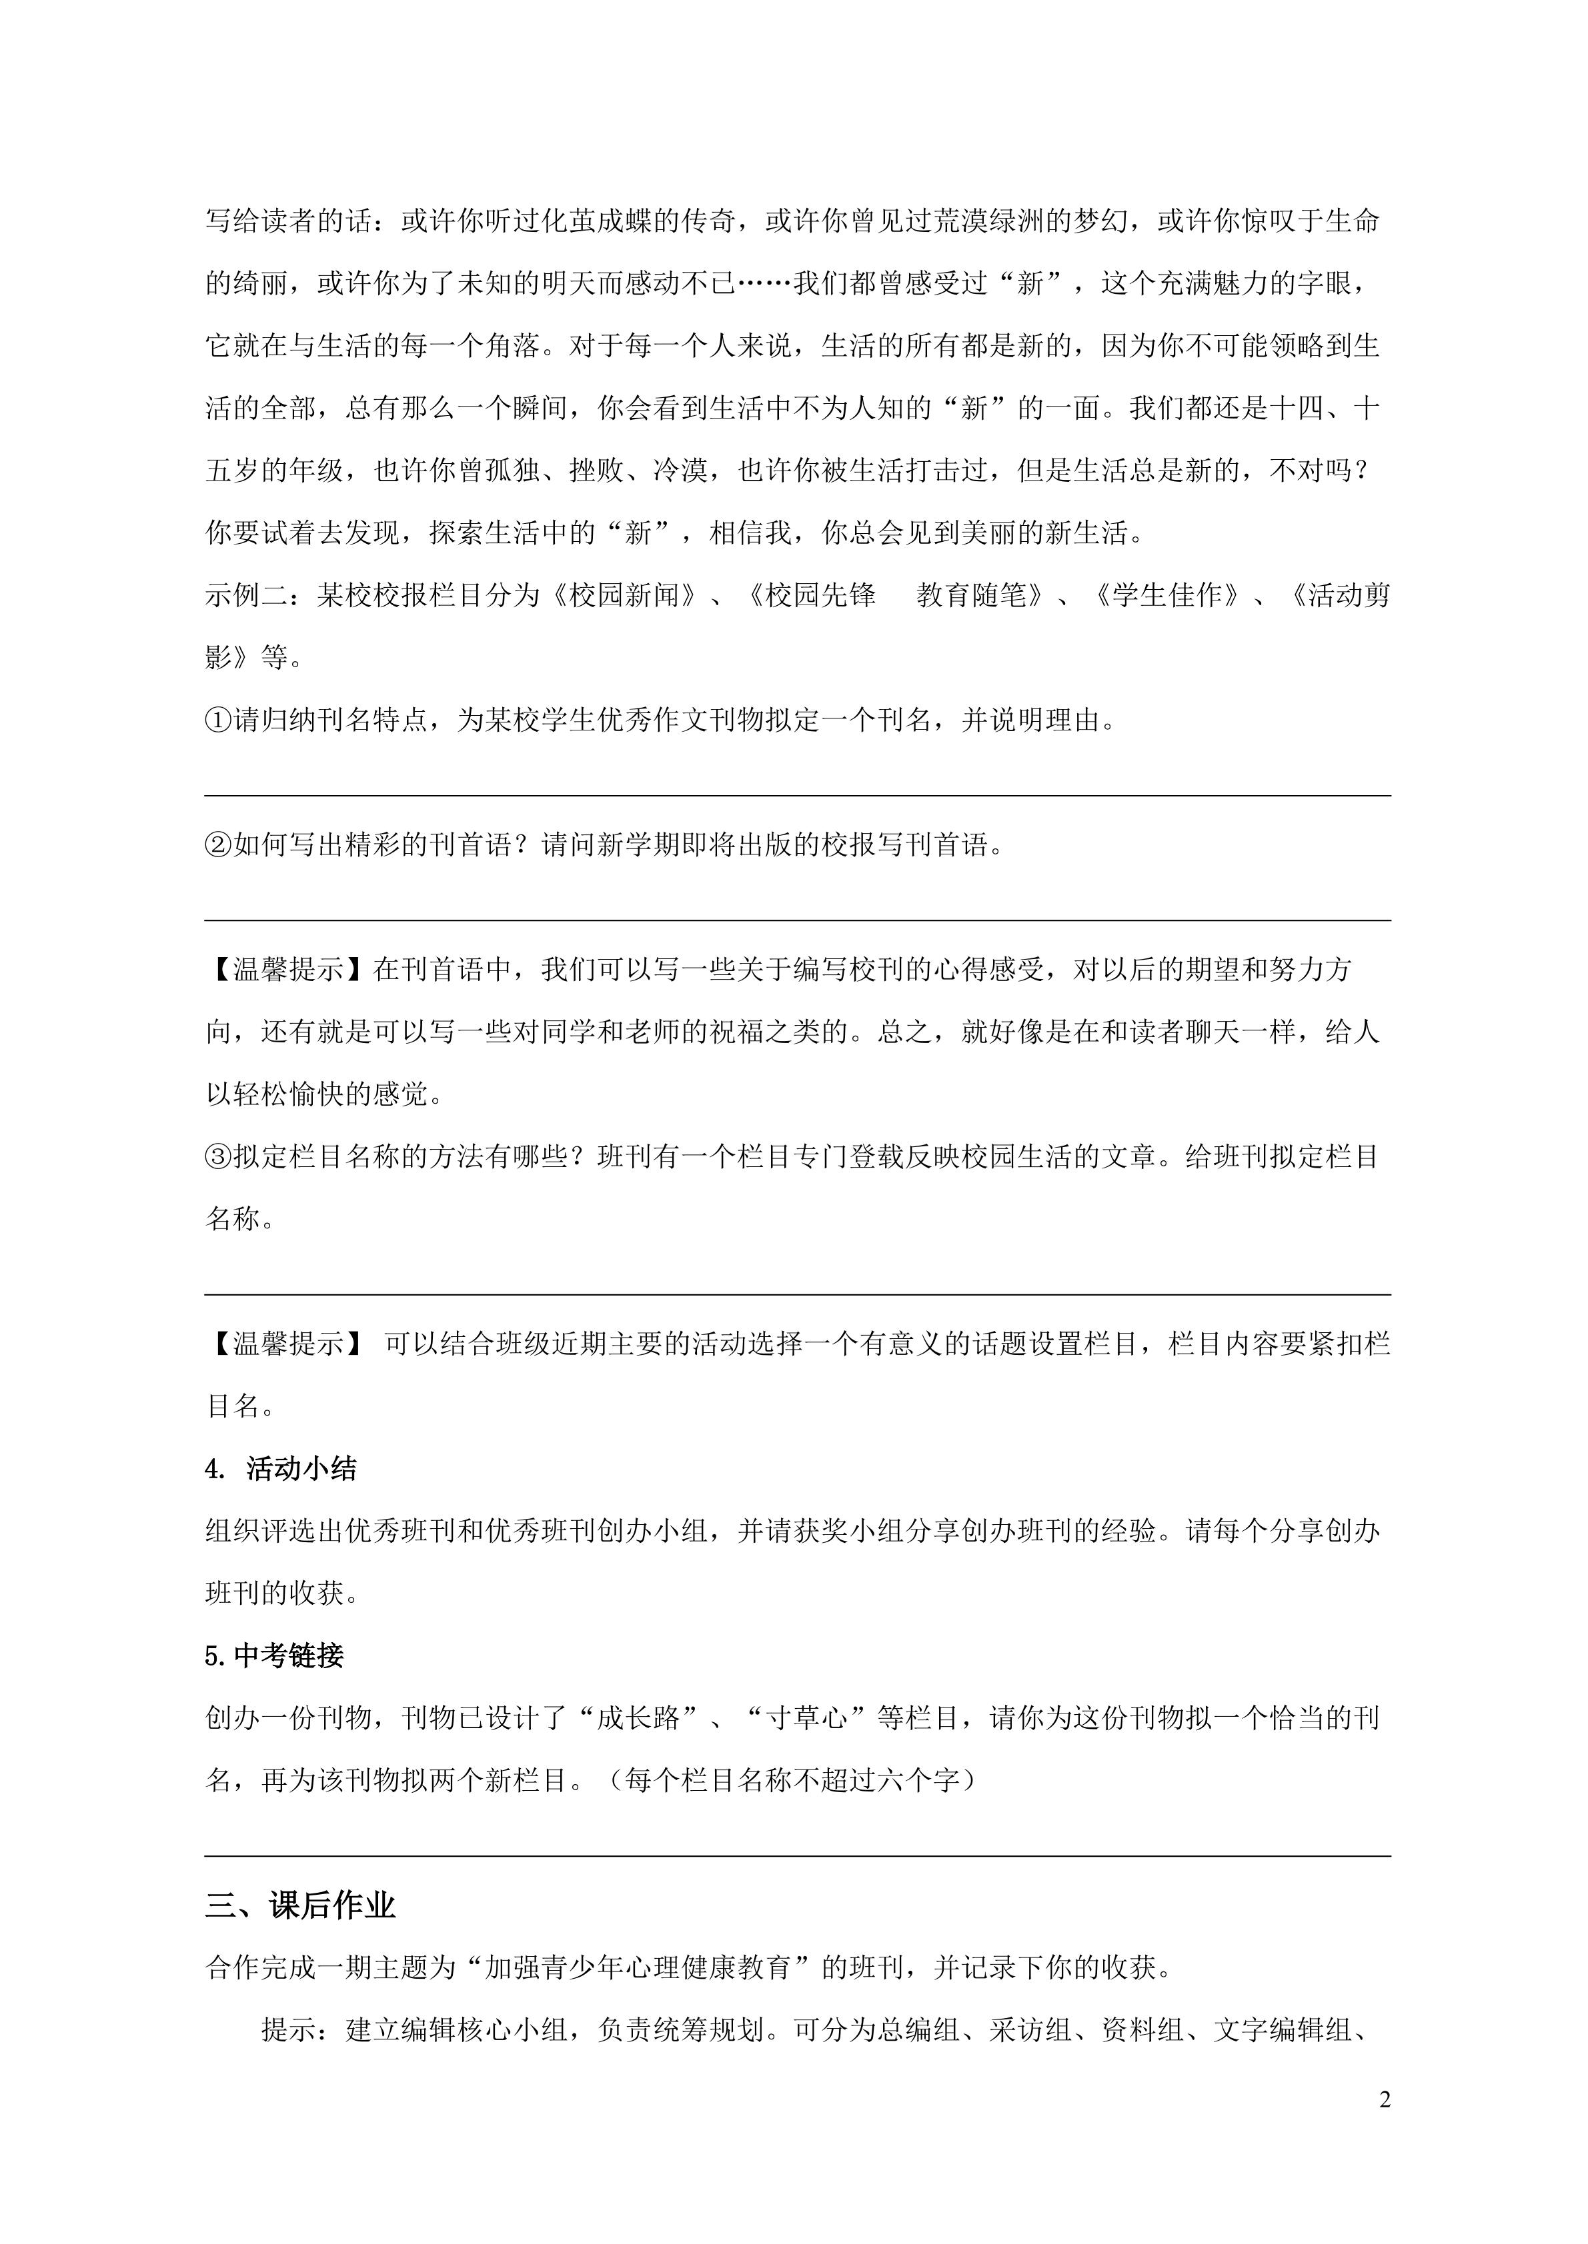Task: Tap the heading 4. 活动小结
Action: point(281,1469)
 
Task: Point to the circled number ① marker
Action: point(218,720)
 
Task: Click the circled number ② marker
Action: point(218,844)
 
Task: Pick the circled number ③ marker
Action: point(218,1157)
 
